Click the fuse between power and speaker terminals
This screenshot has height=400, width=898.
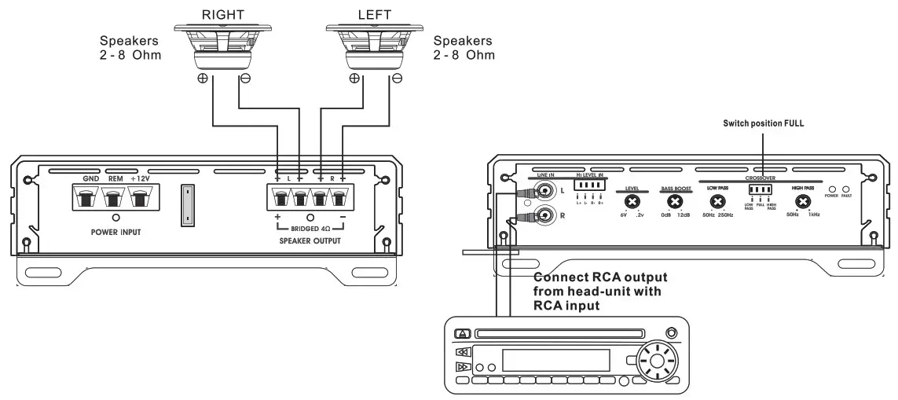point(187,204)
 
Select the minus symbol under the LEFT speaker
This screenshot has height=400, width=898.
point(397,78)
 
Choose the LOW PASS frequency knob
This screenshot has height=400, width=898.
point(717,203)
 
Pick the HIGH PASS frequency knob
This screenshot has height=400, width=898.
point(802,203)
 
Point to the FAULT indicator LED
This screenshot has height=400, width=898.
point(845,189)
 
